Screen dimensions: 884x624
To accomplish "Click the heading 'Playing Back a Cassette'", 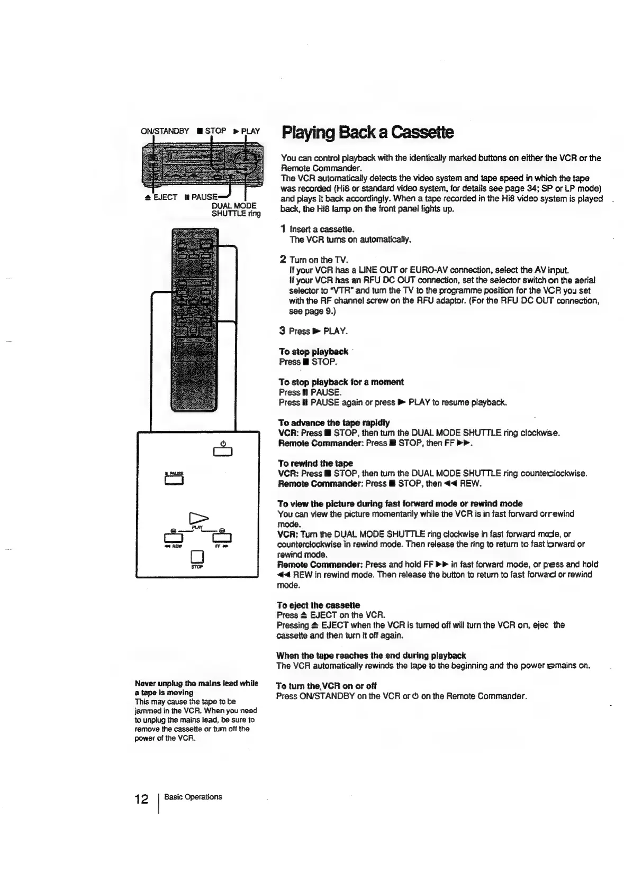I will point(367,132).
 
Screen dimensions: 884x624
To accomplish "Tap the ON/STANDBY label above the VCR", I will point(165,131).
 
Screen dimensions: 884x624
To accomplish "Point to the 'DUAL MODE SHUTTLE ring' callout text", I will point(236,209).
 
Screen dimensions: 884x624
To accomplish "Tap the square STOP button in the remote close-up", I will point(197,557).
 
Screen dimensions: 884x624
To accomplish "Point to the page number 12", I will point(141,799).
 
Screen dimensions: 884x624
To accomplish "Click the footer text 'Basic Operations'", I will point(193,797).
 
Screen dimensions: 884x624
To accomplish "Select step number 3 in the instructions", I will point(282,331).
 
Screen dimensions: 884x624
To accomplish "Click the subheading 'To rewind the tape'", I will point(315,463).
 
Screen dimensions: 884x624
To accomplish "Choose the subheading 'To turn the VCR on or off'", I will point(326,686).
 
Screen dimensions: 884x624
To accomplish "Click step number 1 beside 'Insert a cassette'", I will point(284,229).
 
